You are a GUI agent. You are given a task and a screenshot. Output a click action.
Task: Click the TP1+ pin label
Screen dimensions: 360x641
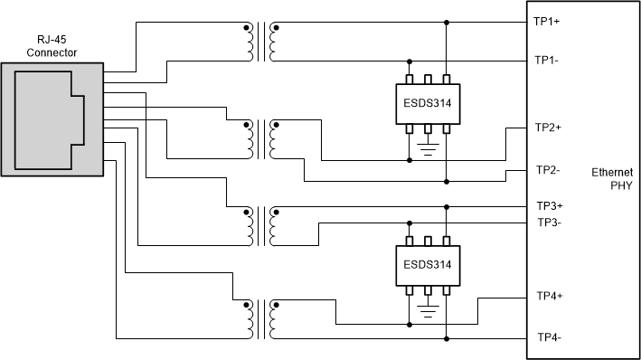[x=549, y=23]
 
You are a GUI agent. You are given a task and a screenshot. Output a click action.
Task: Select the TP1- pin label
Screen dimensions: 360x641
[x=548, y=61]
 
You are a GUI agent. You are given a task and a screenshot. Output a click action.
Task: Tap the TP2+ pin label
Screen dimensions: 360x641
[x=549, y=128]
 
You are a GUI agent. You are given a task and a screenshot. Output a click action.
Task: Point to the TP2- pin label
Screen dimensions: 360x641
[x=548, y=169]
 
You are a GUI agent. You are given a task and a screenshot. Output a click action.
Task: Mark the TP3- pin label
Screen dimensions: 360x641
[x=550, y=222]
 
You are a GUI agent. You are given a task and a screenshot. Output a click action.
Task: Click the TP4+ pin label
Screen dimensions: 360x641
[x=551, y=296]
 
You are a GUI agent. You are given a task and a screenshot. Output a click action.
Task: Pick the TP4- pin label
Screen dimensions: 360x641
[x=550, y=337]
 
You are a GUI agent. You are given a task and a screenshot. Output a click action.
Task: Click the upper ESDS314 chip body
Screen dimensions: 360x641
[x=427, y=104]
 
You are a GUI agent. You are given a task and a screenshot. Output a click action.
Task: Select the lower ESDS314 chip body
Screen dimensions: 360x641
[x=427, y=265]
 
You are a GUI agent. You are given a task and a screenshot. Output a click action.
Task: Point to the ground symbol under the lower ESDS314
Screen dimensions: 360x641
[x=427, y=310]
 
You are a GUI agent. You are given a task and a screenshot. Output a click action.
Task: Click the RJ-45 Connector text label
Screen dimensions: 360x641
[x=52, y=46]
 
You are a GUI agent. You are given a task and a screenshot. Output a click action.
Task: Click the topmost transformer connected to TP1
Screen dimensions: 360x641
[x=260, y=43]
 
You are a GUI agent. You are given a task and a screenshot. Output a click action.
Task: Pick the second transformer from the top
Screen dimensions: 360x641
[x=260, y=137]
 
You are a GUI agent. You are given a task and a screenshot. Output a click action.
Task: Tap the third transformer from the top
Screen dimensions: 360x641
[x=260, y=225]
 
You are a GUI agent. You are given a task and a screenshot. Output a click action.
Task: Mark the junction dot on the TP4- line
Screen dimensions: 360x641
[x=446, y=338]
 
